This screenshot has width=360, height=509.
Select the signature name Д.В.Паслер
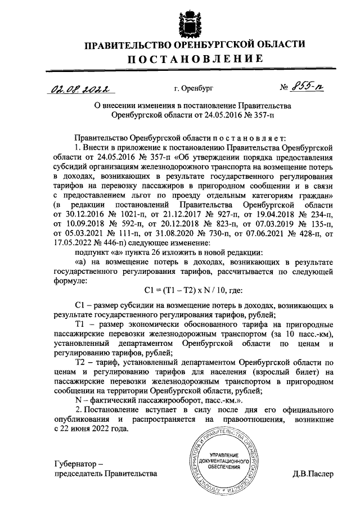pyautogui.click(x=313, y=474)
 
